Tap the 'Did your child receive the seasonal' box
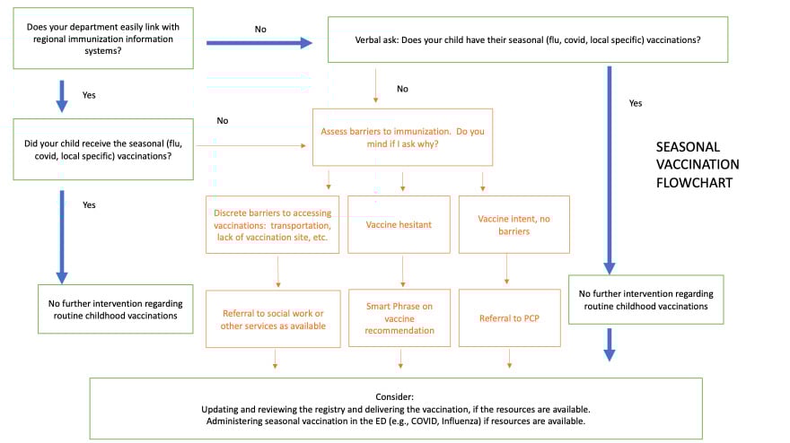102,149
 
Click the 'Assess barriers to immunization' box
402,137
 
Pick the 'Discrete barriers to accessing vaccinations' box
272,224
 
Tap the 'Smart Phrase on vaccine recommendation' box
399,318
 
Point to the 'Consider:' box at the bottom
396,408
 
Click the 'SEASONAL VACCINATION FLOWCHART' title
697,164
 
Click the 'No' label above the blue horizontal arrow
260,29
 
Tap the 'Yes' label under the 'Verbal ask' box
636,103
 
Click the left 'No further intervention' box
115,308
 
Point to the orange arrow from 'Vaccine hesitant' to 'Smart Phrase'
402,270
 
